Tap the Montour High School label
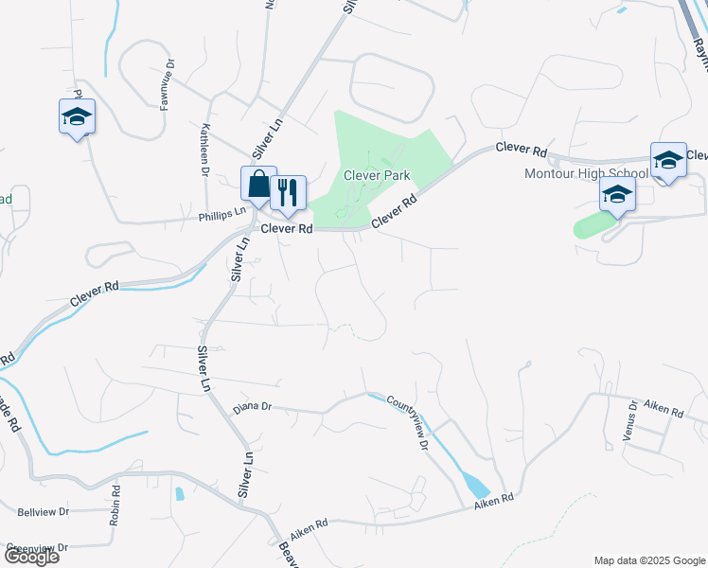[x=587, y=173]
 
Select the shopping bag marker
[x=257, y=185]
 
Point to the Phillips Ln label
[x=221, y=216]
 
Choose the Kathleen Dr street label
[x=204, y=150]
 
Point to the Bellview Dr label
[x=44, y=511]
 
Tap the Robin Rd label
[x=115, y=506]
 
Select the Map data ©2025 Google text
[x=648, y=560]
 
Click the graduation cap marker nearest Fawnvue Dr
[x=77, y=117]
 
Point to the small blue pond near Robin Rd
[x=179, y=493]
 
